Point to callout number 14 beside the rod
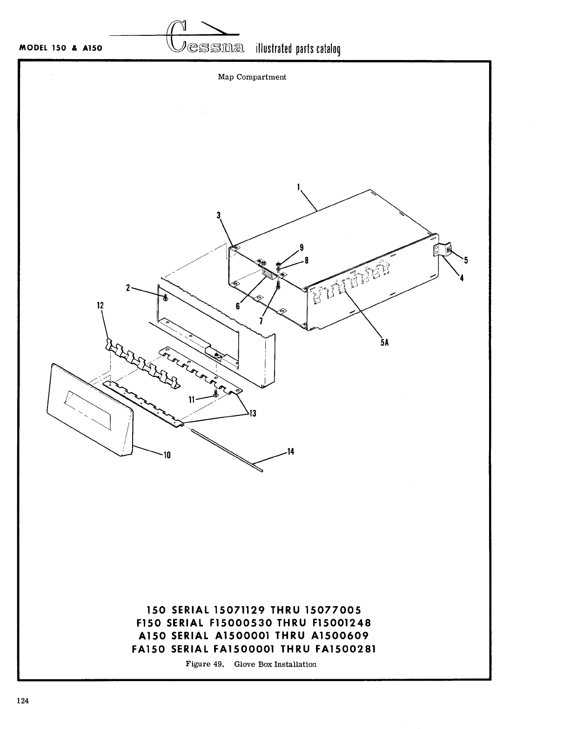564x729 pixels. pyautogui.click(x=290, y=451)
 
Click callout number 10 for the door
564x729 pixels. pyautogui.click(x=167, y=455)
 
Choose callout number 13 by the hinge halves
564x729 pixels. pyautogui.click(x=253, y=413)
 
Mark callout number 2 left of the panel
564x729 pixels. pyautogui.click(x=128, y=288)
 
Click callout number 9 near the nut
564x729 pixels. pyautogui.click(x=302, y=247)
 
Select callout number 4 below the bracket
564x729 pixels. pyautogui.click(x=462, y=278)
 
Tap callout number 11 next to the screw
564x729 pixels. pyautogui.click(x=191, y=399)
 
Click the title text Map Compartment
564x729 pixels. pyautogui.click(x=252, y=77)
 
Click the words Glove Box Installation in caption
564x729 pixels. pyautogui.click(x=275, y=664)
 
